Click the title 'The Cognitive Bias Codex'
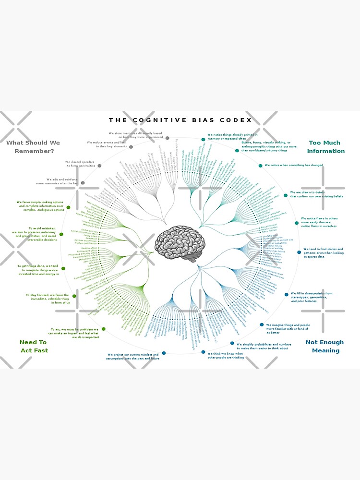pyautogui.click(x=180, y=120)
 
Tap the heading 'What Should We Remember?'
pyautogui.click(x=33, y=147)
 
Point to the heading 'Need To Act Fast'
pyautogui.click(x=34, y=346)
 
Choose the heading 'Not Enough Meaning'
pyautogui.click(x=325, y=346)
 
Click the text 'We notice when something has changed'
pyautogui.click(x=294, y=165)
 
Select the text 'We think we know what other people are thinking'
pyautogui.click(x=226, y=356)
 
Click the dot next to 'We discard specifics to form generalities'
pyautogui.click(x=99, y=166)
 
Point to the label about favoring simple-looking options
pyautogui.click(x=40, y=206)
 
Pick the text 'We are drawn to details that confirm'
pyautogui.click(x=316, y=194)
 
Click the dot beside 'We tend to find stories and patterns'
pyautogui.click(x=299, y=251)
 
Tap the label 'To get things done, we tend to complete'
pyautogui.click(x=38, y=270)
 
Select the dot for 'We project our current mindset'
pyautogui.click(x=164, y=353)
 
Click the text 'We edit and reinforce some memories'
pyautogui.click(x=57, y=181)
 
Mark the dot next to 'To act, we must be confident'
pyautogui.click(x=104, y=329)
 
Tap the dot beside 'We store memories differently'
pyautogui.click(x=167, y=138)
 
